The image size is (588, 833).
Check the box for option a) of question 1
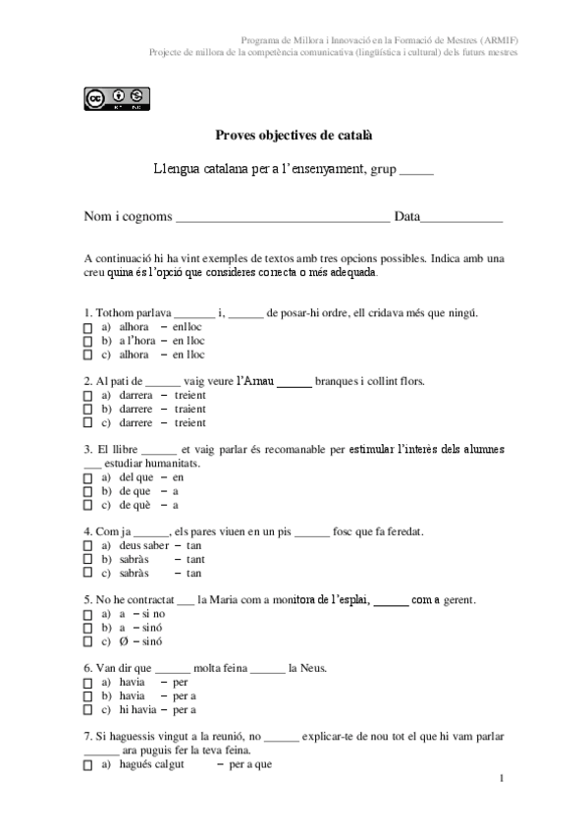[x=87, y=326]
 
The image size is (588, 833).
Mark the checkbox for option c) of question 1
[x=87, y=355]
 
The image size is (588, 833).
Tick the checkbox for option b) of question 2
[x=87, y=409]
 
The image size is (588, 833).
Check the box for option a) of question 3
[x=87, y=477]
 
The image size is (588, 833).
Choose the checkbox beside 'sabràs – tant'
[x=87, y=559]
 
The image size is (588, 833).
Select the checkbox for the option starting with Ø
[x=87, y=641]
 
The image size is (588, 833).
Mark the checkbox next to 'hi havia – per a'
[x=87, y=709]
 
